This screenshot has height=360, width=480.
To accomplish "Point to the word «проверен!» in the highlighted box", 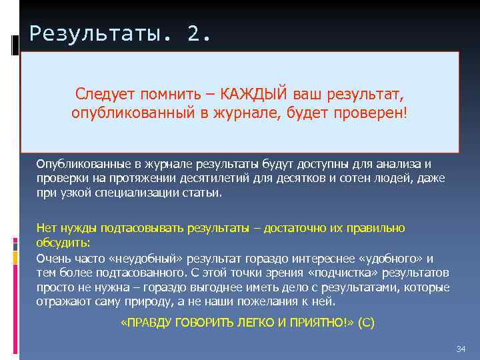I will pos(376,113).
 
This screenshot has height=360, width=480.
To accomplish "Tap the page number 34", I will pos(460,349).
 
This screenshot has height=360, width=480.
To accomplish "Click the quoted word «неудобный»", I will pos(148,259).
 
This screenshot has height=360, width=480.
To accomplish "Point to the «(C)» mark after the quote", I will pos(366,323).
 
